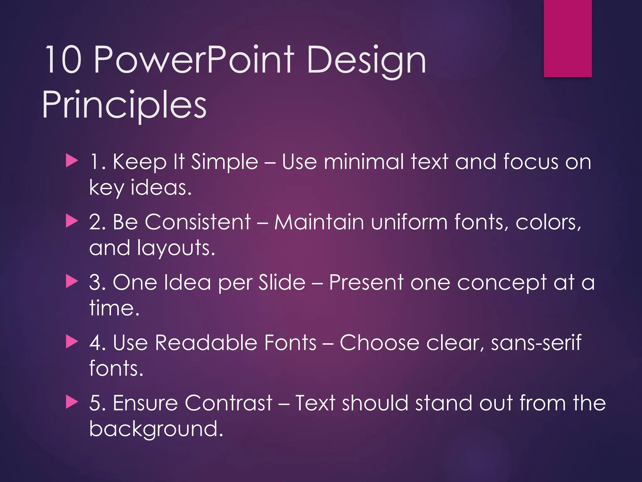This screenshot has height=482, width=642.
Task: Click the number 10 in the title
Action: point(64,60)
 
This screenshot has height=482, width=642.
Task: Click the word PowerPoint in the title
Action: point(194,60)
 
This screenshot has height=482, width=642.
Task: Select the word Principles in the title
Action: point(124,105)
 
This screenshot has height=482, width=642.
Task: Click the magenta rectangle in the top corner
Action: point(567,38)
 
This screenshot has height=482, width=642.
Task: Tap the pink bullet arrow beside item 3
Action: point(72,281)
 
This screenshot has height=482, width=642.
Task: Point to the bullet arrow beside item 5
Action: point(72,402)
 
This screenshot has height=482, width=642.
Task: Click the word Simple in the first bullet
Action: point(224,163)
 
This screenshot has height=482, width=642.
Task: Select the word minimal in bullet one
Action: point(364,162)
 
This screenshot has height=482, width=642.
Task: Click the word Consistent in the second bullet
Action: point(197,222)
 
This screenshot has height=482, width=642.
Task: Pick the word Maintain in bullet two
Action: point(319,222)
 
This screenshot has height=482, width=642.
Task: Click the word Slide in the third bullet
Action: point(282,282)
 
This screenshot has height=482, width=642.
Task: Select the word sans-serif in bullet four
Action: point(536,343)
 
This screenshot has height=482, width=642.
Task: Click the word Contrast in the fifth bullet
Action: point(228,403)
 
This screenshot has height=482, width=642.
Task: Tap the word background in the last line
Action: point(156,429)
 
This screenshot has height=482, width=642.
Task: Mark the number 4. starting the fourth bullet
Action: point(97,343)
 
